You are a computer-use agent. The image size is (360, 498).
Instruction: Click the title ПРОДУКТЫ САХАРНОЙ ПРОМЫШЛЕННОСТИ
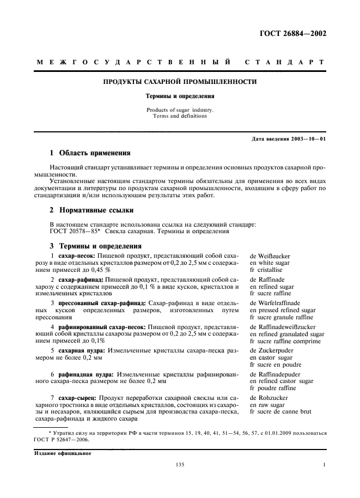180,82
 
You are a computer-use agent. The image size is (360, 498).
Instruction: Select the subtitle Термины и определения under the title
180,96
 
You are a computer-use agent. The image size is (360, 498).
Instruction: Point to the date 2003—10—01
307,139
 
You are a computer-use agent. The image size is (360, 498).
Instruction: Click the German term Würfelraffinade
274,302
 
